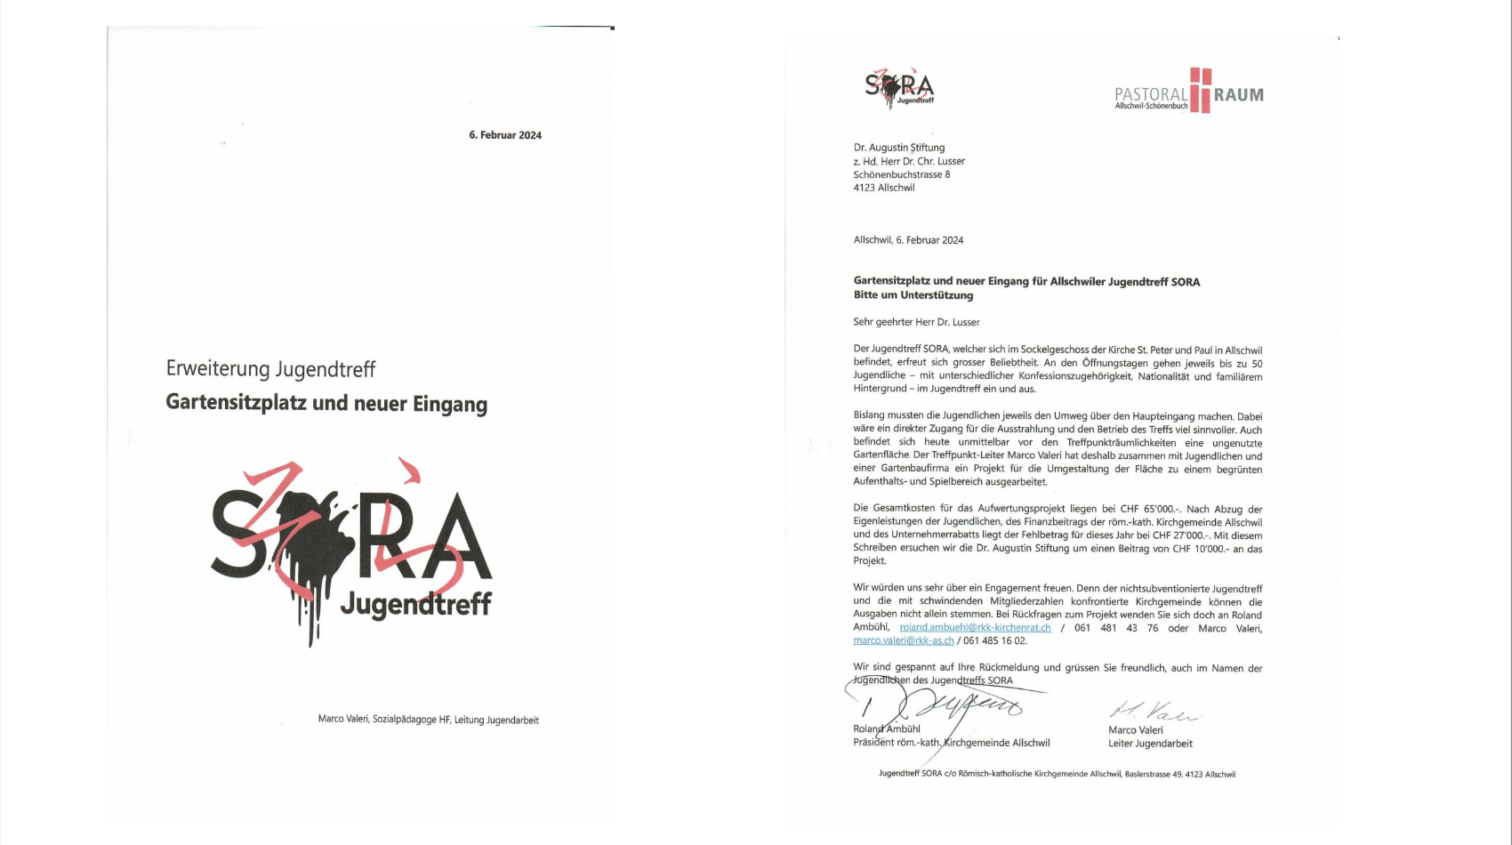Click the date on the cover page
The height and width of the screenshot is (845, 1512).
click(x=505, y=135)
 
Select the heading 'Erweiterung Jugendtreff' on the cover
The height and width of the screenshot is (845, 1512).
click(x=270, y=369)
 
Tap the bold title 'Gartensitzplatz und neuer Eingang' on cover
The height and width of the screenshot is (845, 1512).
click(x=326, y=403)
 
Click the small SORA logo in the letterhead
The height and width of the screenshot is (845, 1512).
click(x=899, y=88)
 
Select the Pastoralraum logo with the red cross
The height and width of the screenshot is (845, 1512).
click(x=1188, y=91)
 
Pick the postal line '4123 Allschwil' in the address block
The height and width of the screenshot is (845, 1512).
click(x=884, y=188)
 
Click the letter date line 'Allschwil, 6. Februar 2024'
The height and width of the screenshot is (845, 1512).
click(x=908, y=240)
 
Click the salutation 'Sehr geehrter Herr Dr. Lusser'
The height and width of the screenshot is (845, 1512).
click(x=916, y=322)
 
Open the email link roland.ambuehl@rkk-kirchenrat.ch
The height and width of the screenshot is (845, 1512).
click(x=975, y=628)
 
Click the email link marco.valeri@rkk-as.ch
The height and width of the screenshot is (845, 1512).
click(x=904, y=640)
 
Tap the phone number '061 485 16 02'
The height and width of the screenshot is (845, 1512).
click(x=994, y=640)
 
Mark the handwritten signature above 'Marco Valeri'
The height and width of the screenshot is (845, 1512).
click(x=1153, y=712)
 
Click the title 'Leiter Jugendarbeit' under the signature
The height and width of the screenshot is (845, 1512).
click(x=1150, y=744)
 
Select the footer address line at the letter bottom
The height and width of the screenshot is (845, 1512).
click(x=1057, y=774)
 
